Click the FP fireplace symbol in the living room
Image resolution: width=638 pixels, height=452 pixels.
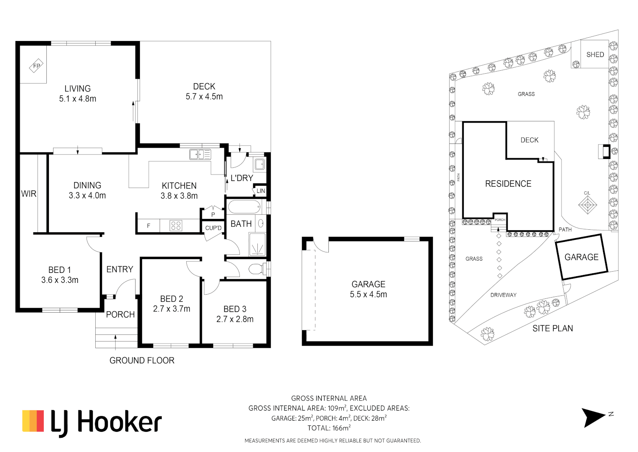pyautogui.click(x=36, y=66)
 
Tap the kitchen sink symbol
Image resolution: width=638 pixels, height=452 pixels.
pyautogui.click(x=200, y=154)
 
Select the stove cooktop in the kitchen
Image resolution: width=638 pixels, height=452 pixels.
pyautogui.click(x=176, y=226)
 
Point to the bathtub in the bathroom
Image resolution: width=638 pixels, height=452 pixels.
pyautogui.click(x=244, y=207)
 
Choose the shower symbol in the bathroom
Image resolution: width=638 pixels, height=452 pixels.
pyautogui.click(x=257, y=244)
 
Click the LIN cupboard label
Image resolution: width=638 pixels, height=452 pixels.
pyautogui.click(x=261, y=191)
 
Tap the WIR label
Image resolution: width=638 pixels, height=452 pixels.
pyautogui.click(x=28, y=194)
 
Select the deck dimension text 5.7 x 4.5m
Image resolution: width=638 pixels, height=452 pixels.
pyautogui.click(x=204, y=97)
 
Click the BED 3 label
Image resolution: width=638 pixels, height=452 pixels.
pyautogui.click(x=235, y=309)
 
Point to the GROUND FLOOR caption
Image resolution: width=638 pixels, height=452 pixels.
pyautogui.click(x=142, y=360)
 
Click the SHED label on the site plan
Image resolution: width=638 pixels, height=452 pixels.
pyautogui.click(x=595, y=54)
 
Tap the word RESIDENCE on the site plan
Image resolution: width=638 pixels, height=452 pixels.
pyautogui.click(x=508, y=184)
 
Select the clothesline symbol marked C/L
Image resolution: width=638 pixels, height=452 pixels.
pyautogui.click(x=587, y=205)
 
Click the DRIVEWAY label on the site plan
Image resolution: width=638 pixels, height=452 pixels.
pyautogui.click(x=503, y=295)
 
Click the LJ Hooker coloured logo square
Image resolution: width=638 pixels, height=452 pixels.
pyautogui.click(x=33, y=421)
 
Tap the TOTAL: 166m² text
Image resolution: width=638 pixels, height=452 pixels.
pyautogui.click(x=329, y=428)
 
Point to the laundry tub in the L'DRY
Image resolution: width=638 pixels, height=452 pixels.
pyautogui.click(x=259, y=164)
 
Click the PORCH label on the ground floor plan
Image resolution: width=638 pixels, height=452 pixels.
pyautogui.click(x=120, y=314)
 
